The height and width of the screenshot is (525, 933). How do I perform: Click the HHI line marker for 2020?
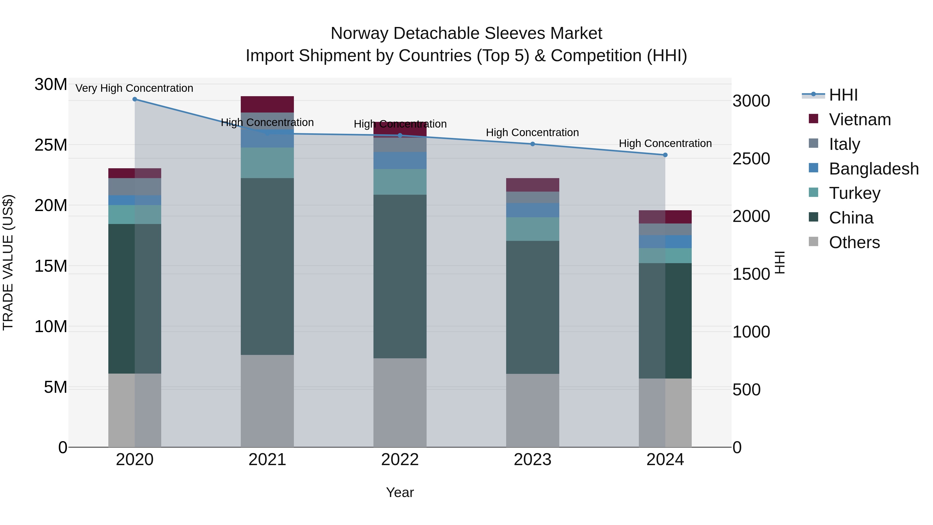point(135,99)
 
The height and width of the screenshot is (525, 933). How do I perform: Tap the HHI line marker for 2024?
point(665,155)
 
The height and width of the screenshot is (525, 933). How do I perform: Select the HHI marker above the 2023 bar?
point(532,144)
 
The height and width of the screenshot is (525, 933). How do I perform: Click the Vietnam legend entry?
point(859,120)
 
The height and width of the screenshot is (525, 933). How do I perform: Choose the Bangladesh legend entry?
point(873,169)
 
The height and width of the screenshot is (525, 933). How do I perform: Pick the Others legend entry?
point(854,242)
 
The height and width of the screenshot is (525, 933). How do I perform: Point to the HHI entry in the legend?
point(843,95)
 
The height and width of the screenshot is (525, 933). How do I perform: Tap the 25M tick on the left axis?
point(51,145)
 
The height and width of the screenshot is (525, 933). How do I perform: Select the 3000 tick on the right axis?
point(751,101)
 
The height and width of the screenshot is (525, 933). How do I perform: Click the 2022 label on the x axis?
point(400,460)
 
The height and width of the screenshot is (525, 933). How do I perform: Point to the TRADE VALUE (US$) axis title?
point(8,262)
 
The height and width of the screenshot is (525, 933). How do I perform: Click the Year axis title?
point(400,492)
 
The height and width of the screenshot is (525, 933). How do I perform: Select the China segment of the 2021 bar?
point(267,266)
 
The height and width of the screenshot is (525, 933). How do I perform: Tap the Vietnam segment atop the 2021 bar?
point(267,104)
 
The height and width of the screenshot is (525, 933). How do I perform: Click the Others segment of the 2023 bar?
point(532,410)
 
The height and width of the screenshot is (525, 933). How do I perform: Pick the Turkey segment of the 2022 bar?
point(400,182)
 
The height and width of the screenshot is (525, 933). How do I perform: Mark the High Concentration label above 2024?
point(665,143)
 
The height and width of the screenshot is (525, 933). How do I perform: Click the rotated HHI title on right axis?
point(779,262)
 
